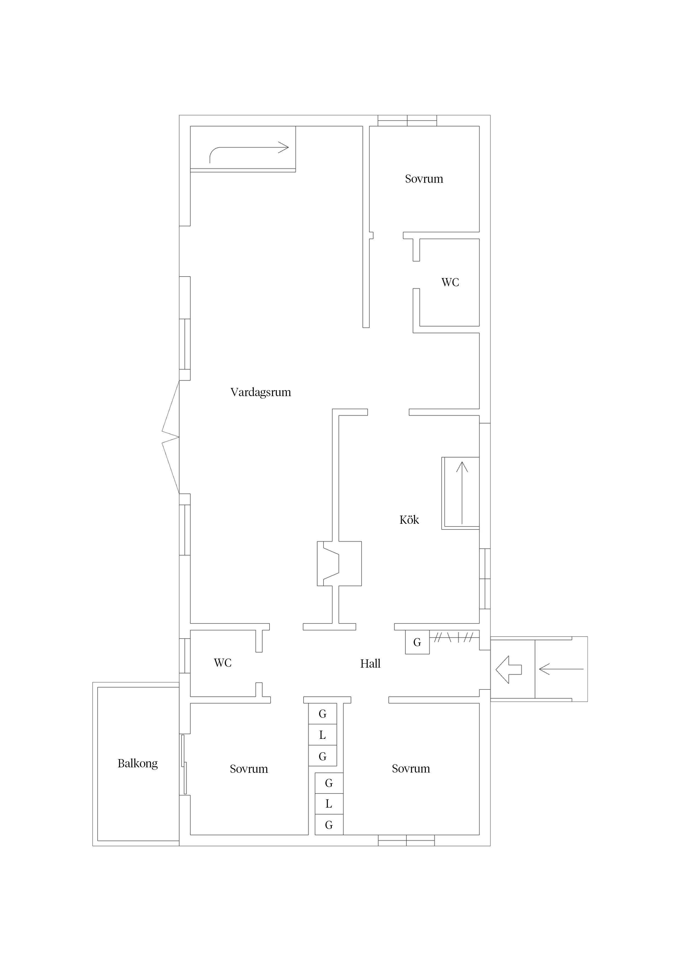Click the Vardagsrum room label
click(x=260, y=392)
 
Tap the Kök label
click(x=409, y=520)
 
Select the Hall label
click(x=370, y=664)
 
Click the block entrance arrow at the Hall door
click(x=509, y=670)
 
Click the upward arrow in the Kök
click(x=462, y=493)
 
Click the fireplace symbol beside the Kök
click(x=339, y=564)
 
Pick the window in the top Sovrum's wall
click(x=407, y=121)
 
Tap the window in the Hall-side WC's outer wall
click(x=185, y=656)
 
